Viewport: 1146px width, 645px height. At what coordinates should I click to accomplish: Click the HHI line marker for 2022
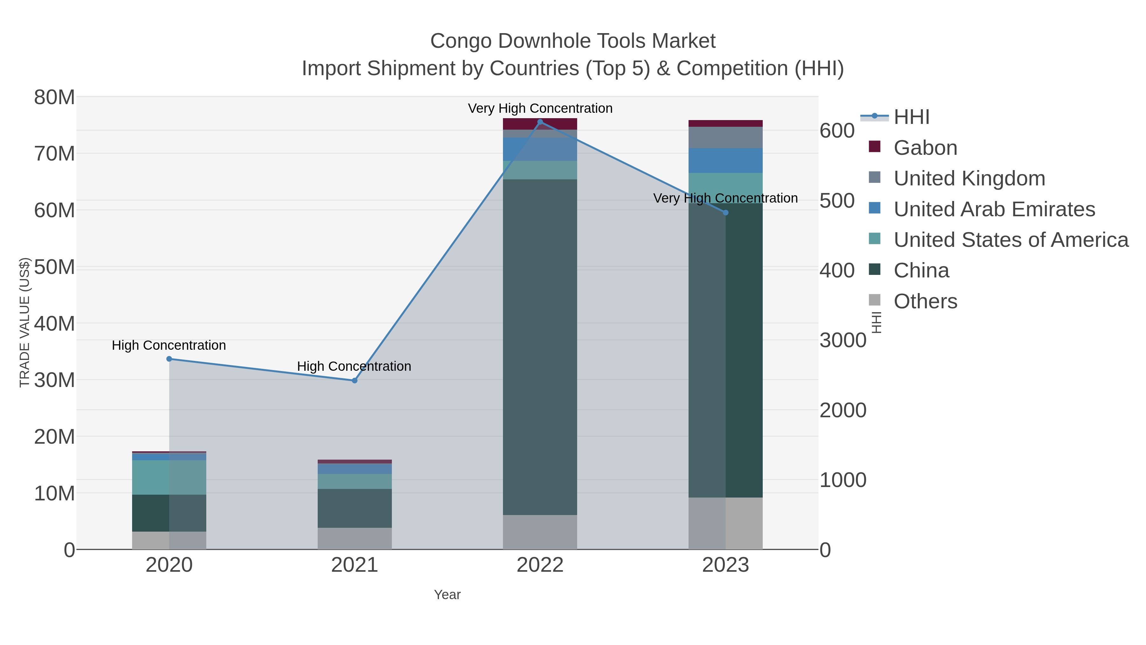coord(540,122)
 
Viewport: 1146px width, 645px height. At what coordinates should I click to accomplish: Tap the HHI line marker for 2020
coord(169,359)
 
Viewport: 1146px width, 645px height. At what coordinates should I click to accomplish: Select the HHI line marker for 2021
coord(355,381)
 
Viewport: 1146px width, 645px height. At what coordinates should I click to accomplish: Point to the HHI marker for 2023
coord(725,213)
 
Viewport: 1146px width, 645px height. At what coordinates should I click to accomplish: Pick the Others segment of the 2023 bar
coord(725,523)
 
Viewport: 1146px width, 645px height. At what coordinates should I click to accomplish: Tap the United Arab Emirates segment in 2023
coord(725,160)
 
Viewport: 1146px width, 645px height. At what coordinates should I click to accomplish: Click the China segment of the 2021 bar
coord(355,508)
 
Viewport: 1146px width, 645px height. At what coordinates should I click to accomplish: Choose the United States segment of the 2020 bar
coord(169,477)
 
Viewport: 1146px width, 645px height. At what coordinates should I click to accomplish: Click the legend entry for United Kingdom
coord(969,178)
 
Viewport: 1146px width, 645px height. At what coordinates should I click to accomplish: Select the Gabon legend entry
coord(925,148)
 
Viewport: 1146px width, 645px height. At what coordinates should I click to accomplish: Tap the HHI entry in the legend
coord(911,117)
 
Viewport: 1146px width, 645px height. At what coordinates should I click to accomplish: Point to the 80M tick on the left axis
coord(54,97)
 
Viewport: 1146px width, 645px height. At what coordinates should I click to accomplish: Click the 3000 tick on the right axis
coord(843,340)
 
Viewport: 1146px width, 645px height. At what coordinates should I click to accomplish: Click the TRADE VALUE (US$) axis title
coord(25,323)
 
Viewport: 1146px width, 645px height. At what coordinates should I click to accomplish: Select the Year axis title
coord(447,595)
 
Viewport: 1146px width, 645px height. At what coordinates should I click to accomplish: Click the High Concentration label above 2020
coord(169,345)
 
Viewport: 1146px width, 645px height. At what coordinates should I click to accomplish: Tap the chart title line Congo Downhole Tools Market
coord(573,41)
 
